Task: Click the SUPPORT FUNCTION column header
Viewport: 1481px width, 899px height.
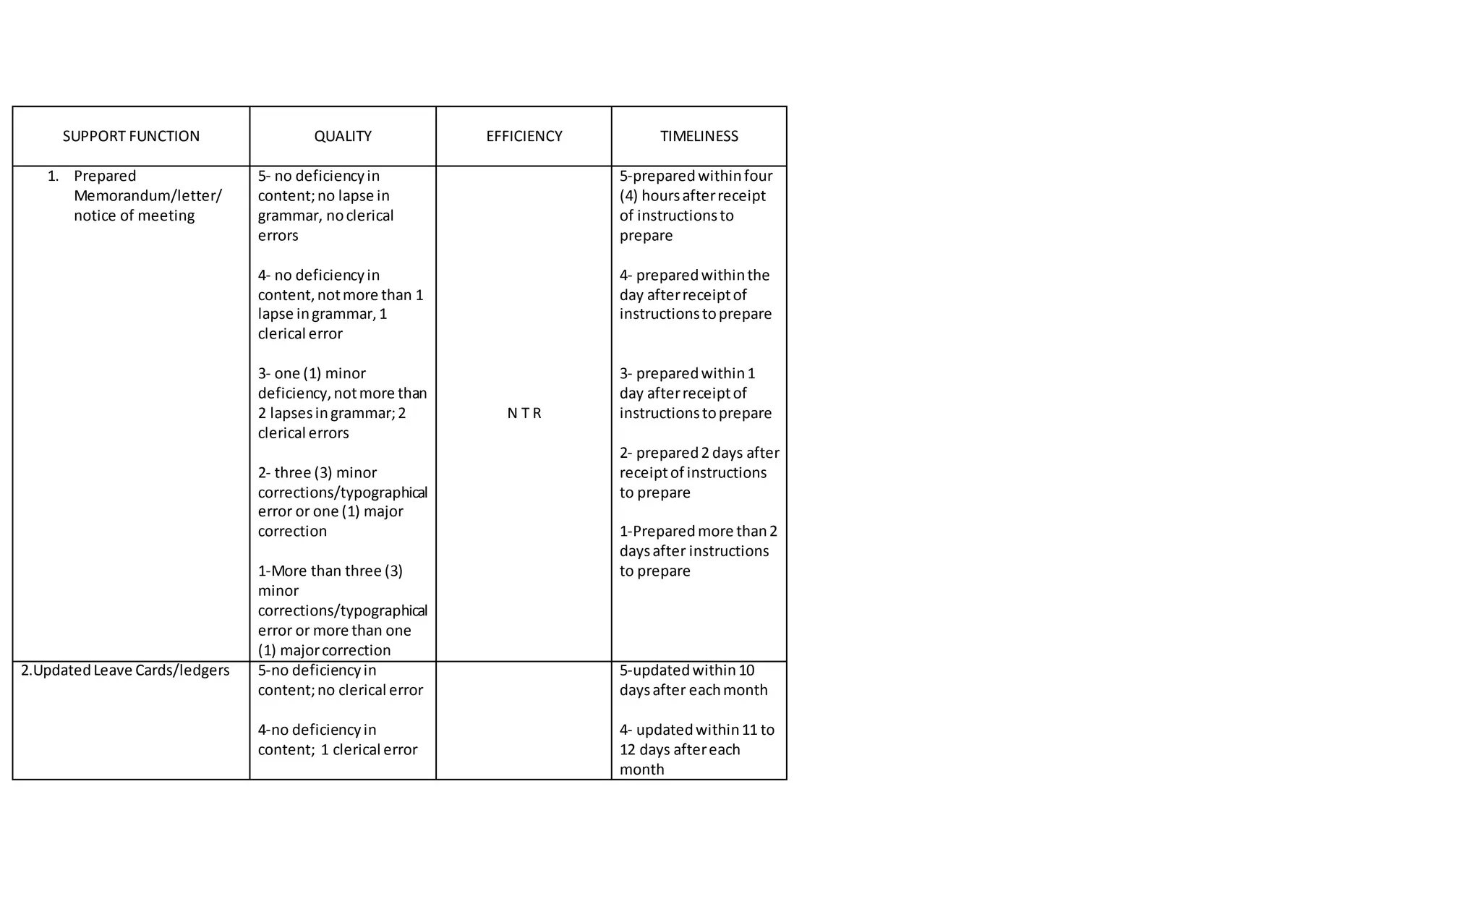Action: tap(131, 136)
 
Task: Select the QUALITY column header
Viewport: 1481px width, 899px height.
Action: tap(343, 136)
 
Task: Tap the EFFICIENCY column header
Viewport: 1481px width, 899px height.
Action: tap(524, 136)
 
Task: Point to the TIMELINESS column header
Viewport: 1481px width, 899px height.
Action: tap(699, 136)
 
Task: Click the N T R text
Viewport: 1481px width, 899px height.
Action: tap(524, 413)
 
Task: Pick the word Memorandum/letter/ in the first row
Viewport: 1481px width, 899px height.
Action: tap(148, 196)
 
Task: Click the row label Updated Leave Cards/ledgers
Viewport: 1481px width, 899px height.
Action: tap(125, 670)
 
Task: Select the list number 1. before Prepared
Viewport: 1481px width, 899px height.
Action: tap(53, 176)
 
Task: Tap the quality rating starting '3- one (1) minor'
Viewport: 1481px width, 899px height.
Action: tap(312, 373)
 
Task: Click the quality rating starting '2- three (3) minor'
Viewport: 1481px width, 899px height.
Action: tap(317, 472)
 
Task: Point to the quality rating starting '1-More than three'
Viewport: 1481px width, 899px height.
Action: tap(330, 571)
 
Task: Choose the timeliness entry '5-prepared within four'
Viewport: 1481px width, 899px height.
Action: tap(696, 176)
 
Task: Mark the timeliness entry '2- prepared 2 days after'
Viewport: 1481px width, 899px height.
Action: tap(699, 453)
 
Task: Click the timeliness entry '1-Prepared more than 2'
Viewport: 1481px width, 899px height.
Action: tap(698, 531)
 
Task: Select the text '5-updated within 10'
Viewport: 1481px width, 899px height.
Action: tap(687, 670)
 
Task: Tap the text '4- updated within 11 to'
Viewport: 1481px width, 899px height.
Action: tap(696, 730)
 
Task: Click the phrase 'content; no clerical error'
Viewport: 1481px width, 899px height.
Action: tap(340, 690)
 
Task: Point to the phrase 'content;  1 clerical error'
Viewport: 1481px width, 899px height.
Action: tap(337, 749)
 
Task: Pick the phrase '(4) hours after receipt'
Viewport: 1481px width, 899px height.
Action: tap(692, 196)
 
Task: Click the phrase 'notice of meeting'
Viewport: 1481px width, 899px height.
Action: tap(134, 216)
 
